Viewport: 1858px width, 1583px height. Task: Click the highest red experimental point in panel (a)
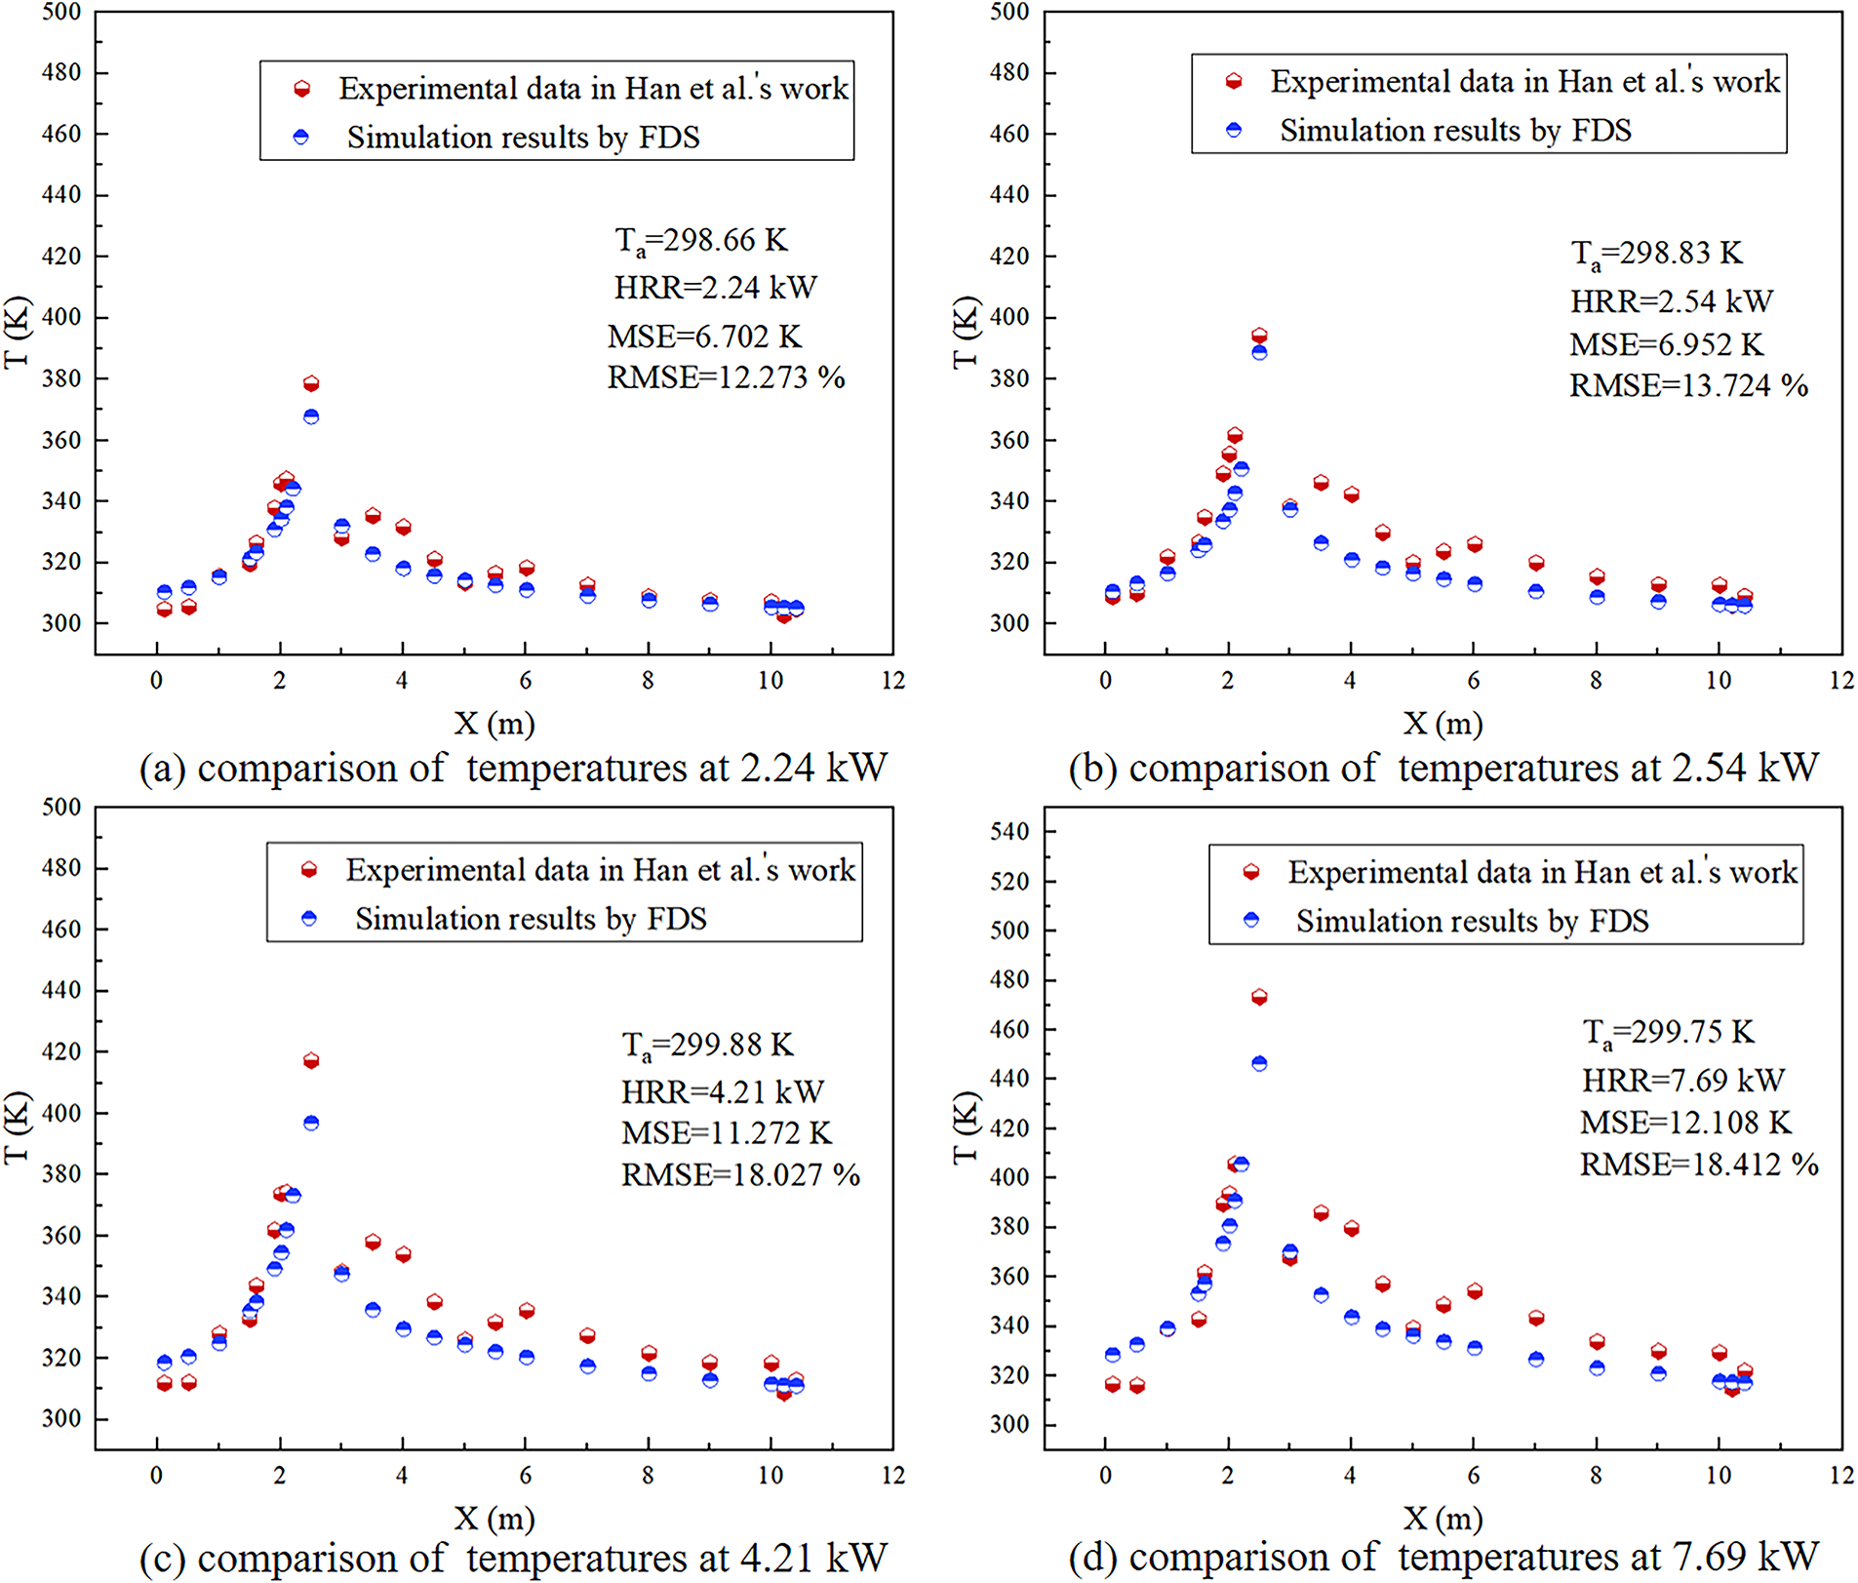311,383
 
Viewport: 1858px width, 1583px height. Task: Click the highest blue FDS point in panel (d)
1259,1063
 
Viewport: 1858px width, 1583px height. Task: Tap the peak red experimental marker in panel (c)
311,1060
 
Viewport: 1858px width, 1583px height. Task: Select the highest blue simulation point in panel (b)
1259,352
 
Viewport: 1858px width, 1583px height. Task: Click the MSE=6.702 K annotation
704,336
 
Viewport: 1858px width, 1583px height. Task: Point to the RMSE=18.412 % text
1699,1164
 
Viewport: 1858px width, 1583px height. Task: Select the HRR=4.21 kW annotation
723,1090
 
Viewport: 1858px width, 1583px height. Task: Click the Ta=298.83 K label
1656,254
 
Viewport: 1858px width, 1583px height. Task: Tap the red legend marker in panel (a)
302,89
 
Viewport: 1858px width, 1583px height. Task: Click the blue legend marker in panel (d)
1251,920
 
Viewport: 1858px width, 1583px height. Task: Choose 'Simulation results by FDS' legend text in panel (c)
531,919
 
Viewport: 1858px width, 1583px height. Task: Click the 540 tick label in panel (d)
1009,832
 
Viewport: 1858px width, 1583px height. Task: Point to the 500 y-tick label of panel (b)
1009,12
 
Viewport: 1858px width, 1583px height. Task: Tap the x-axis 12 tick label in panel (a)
893,681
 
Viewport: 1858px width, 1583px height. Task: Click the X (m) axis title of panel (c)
494,1518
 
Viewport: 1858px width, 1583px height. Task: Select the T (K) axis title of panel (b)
964,332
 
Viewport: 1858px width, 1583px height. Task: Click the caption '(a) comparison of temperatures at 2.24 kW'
513,768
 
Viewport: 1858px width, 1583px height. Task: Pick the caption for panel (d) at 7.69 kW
1443,1558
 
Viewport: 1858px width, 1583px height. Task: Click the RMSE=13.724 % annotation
1688,385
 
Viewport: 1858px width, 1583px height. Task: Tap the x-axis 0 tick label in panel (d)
1105,1476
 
